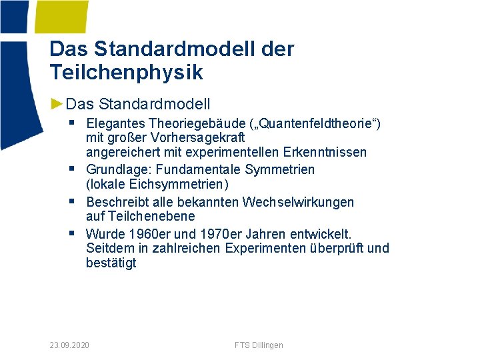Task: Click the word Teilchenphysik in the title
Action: tap(126, 72)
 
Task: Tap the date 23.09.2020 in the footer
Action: tap(70, 345)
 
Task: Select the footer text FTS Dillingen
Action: tap(259, 345)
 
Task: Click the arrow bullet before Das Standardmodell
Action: tap(57, 104)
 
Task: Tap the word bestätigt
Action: tap(111, 263)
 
